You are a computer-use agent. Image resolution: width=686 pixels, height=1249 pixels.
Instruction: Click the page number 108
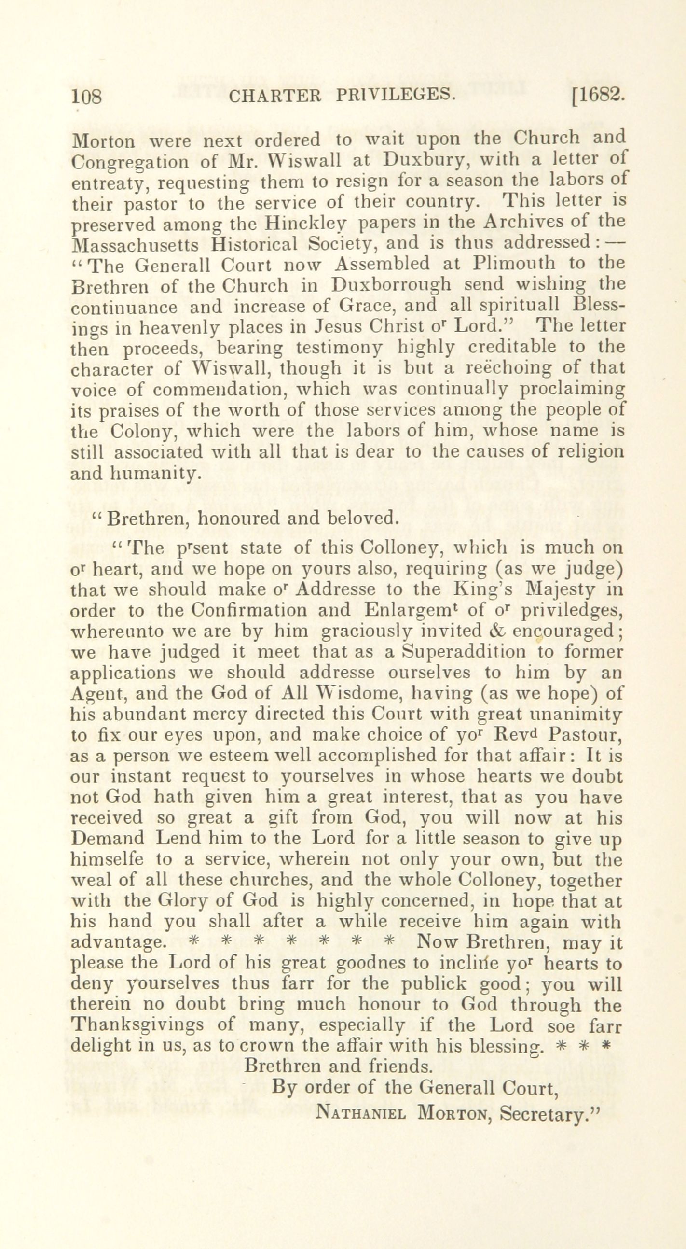tap(87, 97)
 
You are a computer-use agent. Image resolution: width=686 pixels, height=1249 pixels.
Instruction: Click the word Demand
tap(107, 838)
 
